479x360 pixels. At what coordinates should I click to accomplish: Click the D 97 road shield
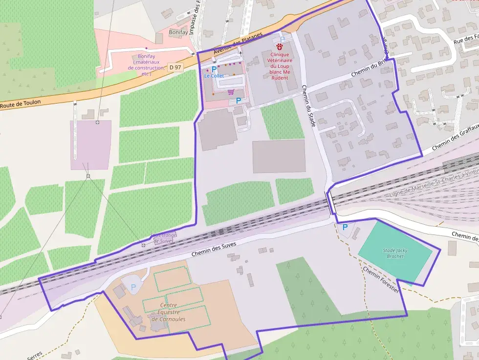tap(175, 66)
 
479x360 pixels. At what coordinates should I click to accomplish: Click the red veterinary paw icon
tap(279, 47)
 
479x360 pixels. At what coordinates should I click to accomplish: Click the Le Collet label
tap(214, 76)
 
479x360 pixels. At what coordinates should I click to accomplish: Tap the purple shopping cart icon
tap(231, 91)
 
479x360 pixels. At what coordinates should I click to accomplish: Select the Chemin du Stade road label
tap(308, 106)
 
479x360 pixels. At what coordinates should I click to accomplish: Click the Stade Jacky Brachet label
tap(395, 253)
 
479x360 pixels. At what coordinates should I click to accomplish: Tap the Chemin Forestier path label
tap(381, 279)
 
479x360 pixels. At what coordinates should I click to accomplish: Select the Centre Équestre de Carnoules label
tap(168, 312)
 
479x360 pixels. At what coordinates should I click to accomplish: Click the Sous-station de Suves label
tap(164, 238)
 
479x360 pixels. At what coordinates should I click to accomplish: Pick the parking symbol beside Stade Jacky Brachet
tap(345, 227)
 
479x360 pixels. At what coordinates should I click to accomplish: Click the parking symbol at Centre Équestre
tap(133, 287)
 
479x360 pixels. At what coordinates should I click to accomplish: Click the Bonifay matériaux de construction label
tap(146, 65)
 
